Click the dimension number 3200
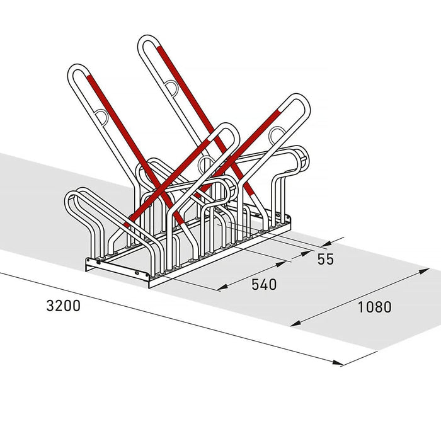click(x=63, y=306)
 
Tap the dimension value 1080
click(x=374, y=307)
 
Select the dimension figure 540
click(x=264, y=284)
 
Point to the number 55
click(x=326, y=259)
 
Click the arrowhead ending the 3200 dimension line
click(x=338, y=362)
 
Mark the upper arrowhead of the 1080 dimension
click(x=424, y=271)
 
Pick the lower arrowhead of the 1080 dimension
click(x=295, y=323)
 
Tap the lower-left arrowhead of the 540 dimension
click(x=223, y=287)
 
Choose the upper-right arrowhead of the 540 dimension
click(x=281, y=264)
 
